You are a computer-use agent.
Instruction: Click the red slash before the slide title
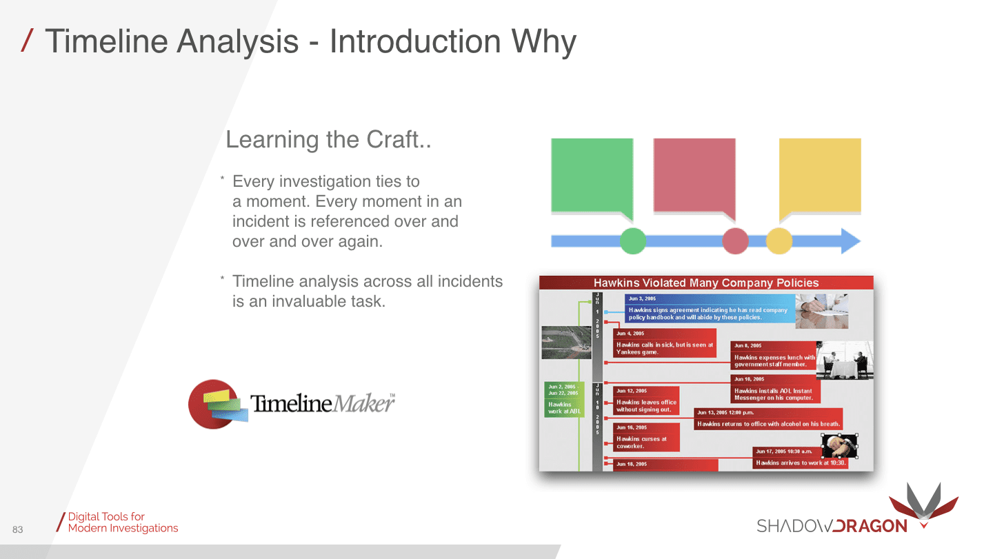click(x=26, y=41)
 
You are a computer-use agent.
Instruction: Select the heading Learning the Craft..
click(x=328, y=140)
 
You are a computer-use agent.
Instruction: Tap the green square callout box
click(x=592, y=174)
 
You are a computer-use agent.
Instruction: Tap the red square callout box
click(x=694, y=174)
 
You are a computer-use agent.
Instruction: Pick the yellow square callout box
click(x=820, y=174)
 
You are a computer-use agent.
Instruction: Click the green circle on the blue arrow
click(x=633, y=241)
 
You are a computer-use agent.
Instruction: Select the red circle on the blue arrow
click(x=735, y=241)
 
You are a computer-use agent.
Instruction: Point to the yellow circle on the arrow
click(x=779, y=241)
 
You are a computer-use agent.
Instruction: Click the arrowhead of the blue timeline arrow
click(x=850, y=241)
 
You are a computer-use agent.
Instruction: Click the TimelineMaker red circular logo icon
click(x=213, y=404)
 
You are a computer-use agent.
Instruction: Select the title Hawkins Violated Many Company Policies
click(x=706, y=283)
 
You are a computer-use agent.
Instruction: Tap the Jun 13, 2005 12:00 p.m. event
click(x=768, y=418)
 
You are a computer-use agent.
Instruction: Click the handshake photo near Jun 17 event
click(x=839, y=445)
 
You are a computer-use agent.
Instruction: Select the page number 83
click(x=18, y=529)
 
